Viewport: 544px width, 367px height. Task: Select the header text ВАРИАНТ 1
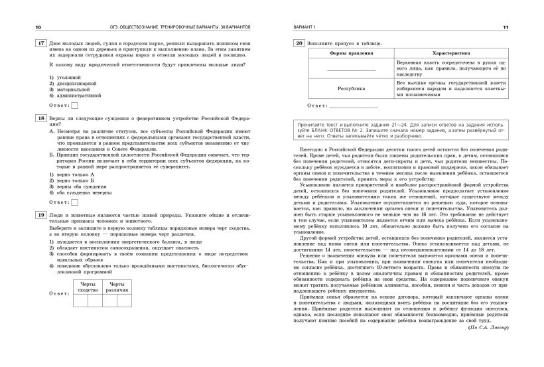306,27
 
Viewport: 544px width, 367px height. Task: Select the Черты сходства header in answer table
88,286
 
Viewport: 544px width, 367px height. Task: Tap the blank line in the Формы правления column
350,70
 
